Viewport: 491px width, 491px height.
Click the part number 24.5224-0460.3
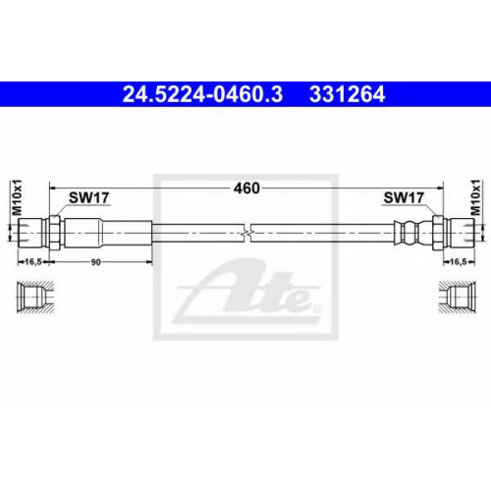[x=202, y=94]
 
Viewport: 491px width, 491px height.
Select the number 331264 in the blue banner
[x=347, y=94]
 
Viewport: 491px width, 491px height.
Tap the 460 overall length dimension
[x=246, y=189]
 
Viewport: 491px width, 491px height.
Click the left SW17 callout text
[x=89, y=197]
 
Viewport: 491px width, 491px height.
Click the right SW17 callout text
[x=404, y=197]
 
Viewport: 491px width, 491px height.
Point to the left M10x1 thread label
[x=17, y=197]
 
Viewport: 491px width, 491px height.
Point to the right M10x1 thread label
[x=475, y=197]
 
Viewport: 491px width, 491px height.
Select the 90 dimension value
[x=95, y=262]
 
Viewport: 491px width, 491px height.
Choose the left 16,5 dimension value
[x=33, y=262]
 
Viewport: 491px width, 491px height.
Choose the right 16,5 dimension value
[x=458, y=262]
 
